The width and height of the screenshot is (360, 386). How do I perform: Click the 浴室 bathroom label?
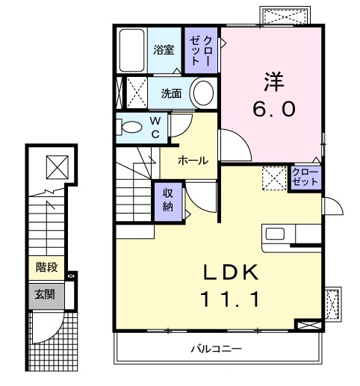tap(164, 50)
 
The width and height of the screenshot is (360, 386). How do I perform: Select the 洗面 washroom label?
tap(172, 93)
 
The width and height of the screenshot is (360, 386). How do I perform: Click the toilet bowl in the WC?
tap(130, 127)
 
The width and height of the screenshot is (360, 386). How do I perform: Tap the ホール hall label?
tap(192, 161)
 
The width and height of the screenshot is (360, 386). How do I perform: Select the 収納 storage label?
tap(170, 199)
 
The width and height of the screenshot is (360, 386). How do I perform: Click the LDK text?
tap(230, 272)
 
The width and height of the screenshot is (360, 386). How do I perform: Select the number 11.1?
tap(230, 300)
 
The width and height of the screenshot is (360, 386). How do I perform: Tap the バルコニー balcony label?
tap(217, 349)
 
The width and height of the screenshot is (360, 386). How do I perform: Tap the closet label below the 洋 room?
tap(305, 178)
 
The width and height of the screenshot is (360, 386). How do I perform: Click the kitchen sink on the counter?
tap(273, 233)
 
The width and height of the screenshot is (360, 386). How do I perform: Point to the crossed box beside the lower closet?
tap(273, 178)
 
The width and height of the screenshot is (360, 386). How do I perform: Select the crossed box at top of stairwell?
tap(57, 165)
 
